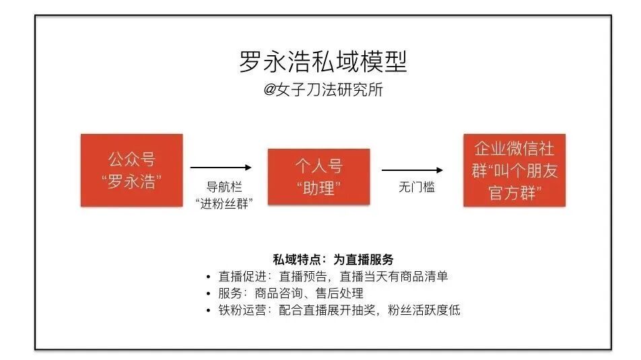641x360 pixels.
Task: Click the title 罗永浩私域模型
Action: [x=323, y=62]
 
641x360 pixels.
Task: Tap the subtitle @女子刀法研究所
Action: [x=323, y=90]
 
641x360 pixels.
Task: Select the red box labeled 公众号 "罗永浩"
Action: [x=131, y=170]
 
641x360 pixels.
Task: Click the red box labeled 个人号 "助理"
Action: [x=319, y=176]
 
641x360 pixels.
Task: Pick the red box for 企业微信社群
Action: [x=514, y=170]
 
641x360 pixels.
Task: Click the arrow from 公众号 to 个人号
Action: [x=221, y=168]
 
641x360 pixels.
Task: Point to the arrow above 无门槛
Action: [x=412, y=171]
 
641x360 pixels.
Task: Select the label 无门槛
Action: [x=416, y=188]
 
